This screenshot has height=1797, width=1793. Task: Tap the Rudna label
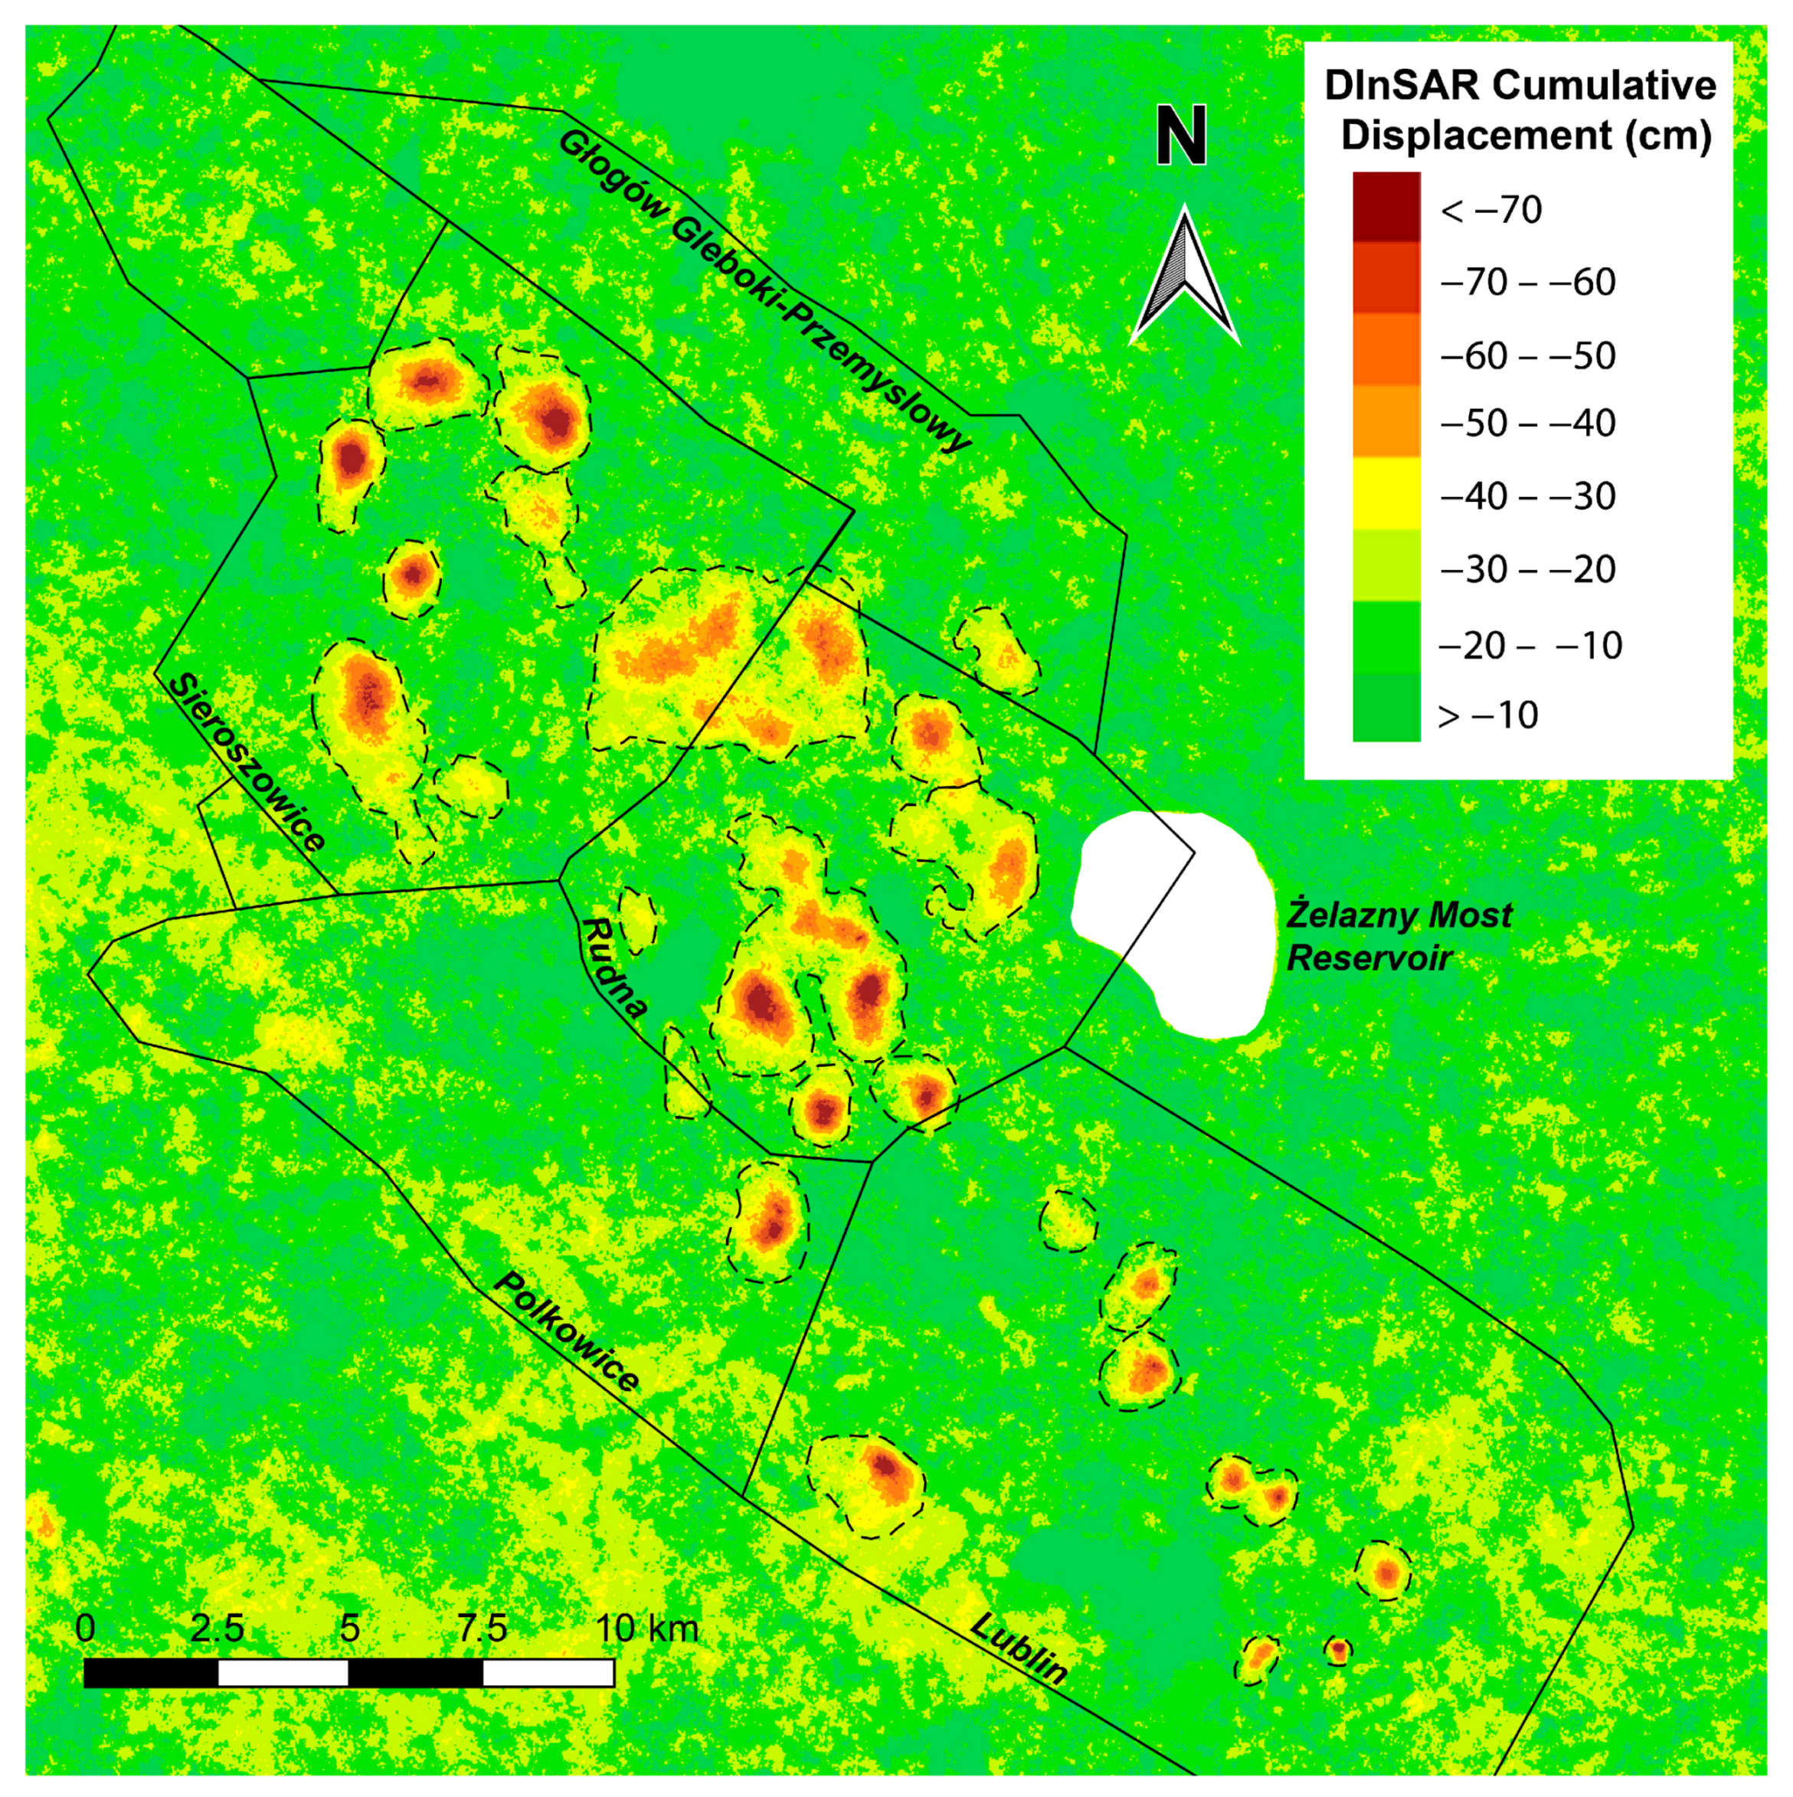[613, 968]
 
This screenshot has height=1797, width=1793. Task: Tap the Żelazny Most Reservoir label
[1398, 936]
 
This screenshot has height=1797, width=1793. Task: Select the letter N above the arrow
[1181, 135]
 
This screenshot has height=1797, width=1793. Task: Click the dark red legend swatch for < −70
[1386, 207]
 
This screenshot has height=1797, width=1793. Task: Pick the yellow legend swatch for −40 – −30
[1386, 493]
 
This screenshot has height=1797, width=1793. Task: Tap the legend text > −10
[1488, 715]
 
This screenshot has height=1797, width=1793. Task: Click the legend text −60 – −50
[1527, 355]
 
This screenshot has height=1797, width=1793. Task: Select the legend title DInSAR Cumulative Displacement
[1520, 110]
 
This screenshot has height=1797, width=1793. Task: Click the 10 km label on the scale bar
[646, 1628]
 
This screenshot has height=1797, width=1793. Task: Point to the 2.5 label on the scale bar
[217, 1628]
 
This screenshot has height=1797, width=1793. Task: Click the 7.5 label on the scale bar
[482, 1628]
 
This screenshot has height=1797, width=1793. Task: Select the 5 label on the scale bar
[350, 1628]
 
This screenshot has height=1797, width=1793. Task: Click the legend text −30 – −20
[1527, 568]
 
